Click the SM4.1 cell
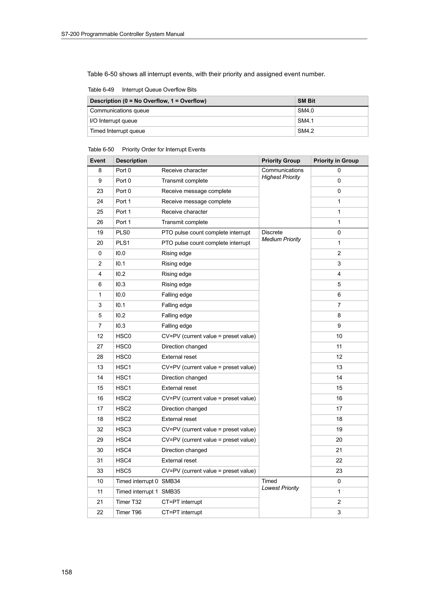(x=306, y=121)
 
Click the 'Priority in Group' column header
(x=336, y=161)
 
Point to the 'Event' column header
(x=98, y=161)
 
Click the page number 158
(x=67, y=572)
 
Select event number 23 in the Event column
(x=100, y=191)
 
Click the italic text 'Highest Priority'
(x=281, y=177)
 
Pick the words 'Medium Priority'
(x=281, y=239)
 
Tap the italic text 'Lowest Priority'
(x=280, y=488)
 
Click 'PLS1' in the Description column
(x=123, y=243)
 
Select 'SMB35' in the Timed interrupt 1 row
(x=171, y=491)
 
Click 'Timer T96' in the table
(x=128, y=512)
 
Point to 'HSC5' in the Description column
(x=123, y=471)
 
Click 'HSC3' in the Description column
(x=123, y=430)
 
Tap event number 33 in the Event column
(x=100, y=471)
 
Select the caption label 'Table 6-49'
(x=101, y=90)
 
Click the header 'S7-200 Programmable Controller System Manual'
(x=123, y=34)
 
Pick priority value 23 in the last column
(x=339, y=471)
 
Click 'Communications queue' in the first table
(x=119, y=111)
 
